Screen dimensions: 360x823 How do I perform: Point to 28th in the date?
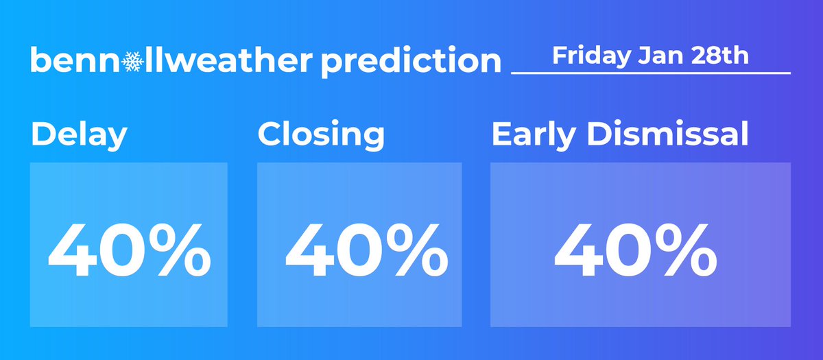[721, 56]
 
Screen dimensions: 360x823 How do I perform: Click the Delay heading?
[79, 135]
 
